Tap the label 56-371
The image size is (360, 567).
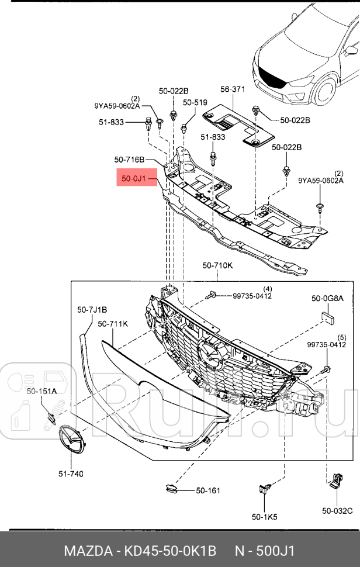[232, 89]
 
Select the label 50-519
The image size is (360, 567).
[195, 102]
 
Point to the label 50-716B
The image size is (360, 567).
[130, 159]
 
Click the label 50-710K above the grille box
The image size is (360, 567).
[217, 265]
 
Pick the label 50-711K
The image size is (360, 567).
[113, 323]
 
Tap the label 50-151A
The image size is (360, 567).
[41, 391]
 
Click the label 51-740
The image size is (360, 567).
[70, 473]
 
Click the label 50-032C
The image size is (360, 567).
[337, 511]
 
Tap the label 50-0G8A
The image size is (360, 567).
[327, 299]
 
